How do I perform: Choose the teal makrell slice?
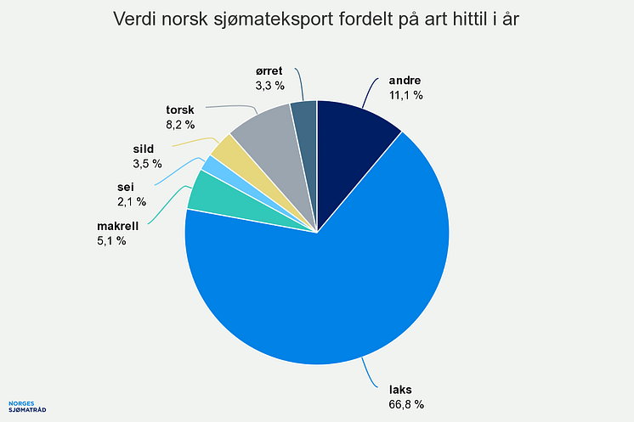click(204, 191)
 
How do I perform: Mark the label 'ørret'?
click(269, 72)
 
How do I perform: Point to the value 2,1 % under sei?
click(131, 201)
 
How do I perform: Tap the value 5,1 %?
click(110, 240)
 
